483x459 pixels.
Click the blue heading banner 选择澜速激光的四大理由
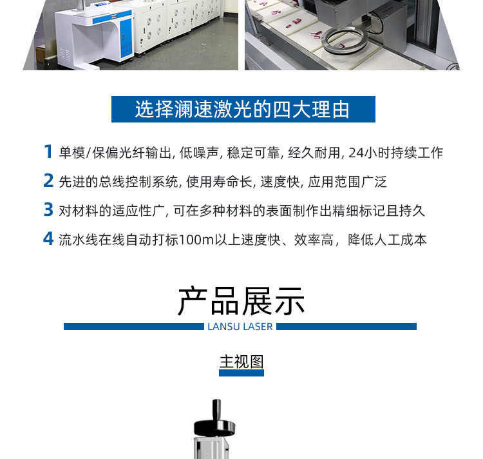point(243,109)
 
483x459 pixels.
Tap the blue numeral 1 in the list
point(48,152)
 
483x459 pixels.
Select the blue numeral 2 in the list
point(48,181)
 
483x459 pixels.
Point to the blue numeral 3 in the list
point(48,210)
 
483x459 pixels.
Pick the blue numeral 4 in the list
point(48,239)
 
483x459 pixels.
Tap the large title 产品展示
point(241,300)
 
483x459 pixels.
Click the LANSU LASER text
point(240,327)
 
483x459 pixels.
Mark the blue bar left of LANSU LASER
point(133,327)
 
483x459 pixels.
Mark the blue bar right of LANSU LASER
point(346,327)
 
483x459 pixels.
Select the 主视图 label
point(241,361)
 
